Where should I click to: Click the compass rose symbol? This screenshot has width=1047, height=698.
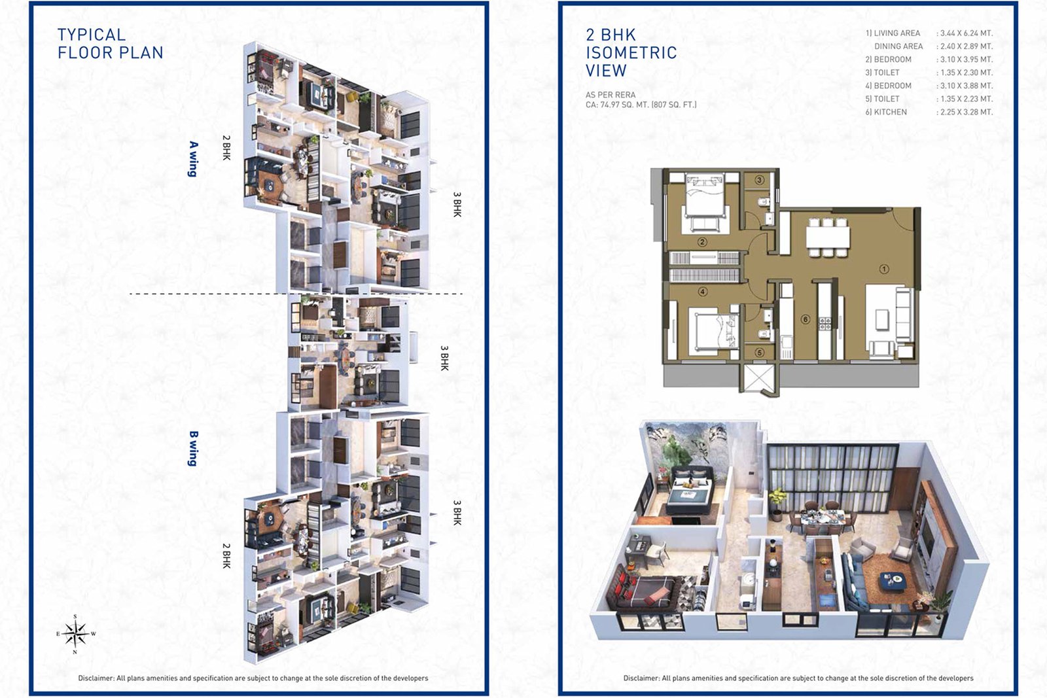[x=76, y=634]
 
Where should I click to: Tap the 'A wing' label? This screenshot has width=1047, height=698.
[x=193, y=159]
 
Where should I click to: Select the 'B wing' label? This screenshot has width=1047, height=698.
[x=193, y=449]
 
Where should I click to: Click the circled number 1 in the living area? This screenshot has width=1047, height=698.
[x=884, y=269]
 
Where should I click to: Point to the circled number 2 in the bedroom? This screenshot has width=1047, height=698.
[x=702, y=242]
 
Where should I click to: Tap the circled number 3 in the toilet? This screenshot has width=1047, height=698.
[x=760, y=180]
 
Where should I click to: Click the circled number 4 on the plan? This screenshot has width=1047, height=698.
[x=703, y=292]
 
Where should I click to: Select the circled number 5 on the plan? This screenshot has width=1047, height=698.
[x=760, y=353]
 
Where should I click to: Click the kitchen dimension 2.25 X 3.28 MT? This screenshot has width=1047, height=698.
[x=965, y=112]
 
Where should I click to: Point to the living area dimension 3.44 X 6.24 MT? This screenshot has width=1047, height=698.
[x=965, y=33]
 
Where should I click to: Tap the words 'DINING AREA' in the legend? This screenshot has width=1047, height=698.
[x=898, y=46]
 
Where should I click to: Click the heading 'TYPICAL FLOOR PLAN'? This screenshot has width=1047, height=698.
[x=111, y=43]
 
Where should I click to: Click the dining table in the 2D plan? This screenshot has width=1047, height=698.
[x=828, y=237]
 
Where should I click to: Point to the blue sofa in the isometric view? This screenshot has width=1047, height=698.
[x=857, y=582]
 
